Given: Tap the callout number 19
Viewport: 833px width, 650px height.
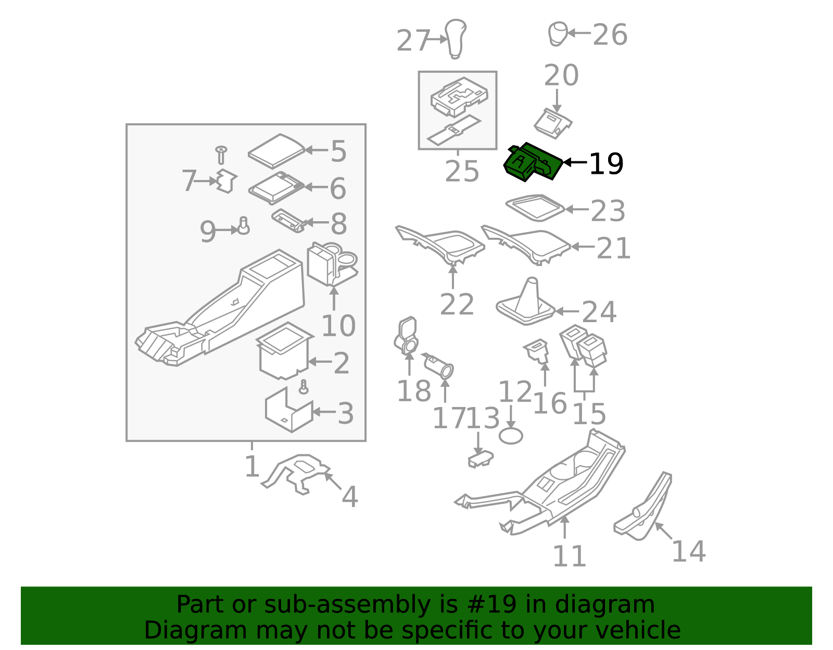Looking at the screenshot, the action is click(x=606, y=164).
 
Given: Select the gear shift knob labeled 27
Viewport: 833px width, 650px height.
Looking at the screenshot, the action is click(x=456, y=39).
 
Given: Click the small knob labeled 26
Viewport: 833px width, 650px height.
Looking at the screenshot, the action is click(x=558, y=34).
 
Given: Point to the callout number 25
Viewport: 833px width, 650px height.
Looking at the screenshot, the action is click(x=462, y=171).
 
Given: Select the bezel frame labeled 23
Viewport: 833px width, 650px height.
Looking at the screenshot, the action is click(x=535, y=208).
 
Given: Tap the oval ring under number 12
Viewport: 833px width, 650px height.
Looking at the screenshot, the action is click(x=511, y=436).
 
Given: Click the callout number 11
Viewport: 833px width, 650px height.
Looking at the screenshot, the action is click(x=569, y=556).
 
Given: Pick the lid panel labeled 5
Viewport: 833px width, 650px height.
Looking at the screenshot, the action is click(x=276, y=151).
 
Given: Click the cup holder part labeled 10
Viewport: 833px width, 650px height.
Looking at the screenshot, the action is click(x=332, y=264).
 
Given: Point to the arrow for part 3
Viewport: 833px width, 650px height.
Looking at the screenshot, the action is click(x=324, y=412).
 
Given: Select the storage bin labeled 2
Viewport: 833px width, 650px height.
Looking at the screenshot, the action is click(x=284, y=350).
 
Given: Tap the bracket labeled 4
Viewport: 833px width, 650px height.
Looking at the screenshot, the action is click(x=296, y=474).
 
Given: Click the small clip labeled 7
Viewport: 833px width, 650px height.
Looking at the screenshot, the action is click(x=226, y=181).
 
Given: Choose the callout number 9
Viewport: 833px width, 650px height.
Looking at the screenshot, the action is click(x=208, y=232).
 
